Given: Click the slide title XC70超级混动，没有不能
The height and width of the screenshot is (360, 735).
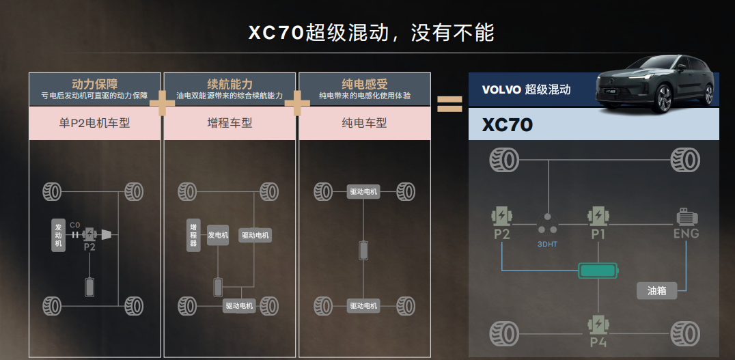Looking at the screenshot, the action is coord(371,33).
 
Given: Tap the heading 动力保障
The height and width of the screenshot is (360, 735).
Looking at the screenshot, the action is coord(95,84).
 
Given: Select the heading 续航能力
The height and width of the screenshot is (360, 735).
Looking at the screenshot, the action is coord(230,84).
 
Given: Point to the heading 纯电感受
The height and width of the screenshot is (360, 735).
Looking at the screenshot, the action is coord(365,84).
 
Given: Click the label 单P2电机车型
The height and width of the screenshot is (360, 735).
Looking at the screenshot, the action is coord(95,123).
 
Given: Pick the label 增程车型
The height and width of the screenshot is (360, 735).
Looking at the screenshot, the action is coord(230,123).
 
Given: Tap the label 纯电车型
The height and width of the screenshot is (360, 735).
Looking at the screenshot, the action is coord(365,123).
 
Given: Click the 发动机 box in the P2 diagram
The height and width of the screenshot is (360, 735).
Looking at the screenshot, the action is coord(58,235).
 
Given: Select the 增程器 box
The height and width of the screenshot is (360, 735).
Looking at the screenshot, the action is coord(193,235).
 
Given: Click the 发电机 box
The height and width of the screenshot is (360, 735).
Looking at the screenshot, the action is coord(218,235).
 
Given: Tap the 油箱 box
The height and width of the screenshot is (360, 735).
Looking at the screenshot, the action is coord(657,290).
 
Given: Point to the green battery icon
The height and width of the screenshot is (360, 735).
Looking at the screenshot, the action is coord(598,271).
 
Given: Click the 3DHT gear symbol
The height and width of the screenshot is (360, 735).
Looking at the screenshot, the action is coord(547,225).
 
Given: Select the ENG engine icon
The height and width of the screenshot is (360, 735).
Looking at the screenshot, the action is coord(687,217).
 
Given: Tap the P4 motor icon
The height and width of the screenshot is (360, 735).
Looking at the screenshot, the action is coord(598,324).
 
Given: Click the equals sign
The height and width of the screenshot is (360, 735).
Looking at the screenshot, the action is coord(449,104).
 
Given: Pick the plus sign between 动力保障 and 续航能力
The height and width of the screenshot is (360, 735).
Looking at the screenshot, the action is coord(162,103).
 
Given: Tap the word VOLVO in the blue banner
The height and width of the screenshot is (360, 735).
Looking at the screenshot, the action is coord(501,89).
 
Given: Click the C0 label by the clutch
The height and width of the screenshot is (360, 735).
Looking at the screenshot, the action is coord(74,225).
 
